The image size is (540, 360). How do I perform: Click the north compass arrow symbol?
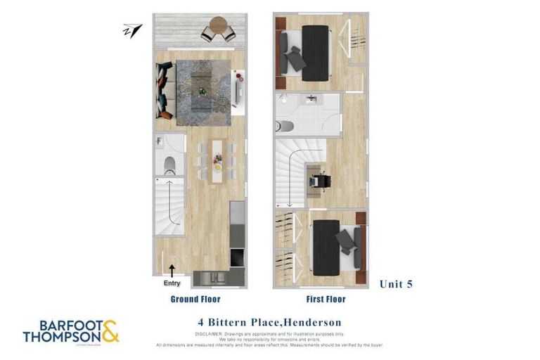coord(132,30)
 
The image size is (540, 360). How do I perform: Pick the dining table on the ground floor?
coord(216,160)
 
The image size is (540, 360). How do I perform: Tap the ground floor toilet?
coord(170,164)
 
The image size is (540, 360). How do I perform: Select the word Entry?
coord(172,283)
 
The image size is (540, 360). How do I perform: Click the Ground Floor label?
coord(195,299)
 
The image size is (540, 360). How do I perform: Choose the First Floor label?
coord(326,299)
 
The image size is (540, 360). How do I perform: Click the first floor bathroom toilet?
coord(285,127)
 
